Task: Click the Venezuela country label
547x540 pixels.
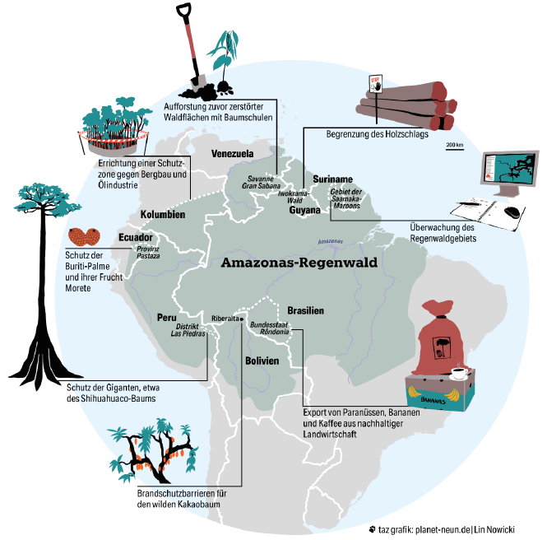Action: click(x=231, y=154)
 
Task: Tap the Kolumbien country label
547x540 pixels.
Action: click(x=162, y=215)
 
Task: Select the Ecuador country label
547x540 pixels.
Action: click(x=136, y=238)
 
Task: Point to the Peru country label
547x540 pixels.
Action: click(x=168, y=317)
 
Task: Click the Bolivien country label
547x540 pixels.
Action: click(x=262, y=361)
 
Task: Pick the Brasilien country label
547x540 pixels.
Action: click(x=305, y=310)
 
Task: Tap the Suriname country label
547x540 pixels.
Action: click(x=333, y=179)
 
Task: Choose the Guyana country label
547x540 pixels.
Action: click(x=304, y=210)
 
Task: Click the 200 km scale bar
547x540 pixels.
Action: click(x=455, y=148)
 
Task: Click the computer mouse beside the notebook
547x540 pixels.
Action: click(x=512, y=212)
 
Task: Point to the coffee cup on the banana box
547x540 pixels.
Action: click(x=458, y=374)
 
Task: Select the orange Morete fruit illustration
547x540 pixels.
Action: click(x=83, y=236)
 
